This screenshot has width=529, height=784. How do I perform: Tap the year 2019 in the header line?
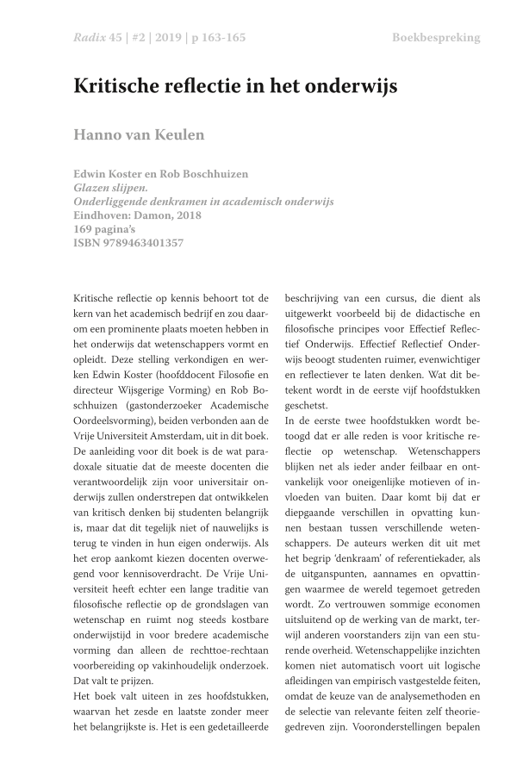click(167, 38)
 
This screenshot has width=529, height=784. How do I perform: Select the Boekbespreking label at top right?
click(436, 38)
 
